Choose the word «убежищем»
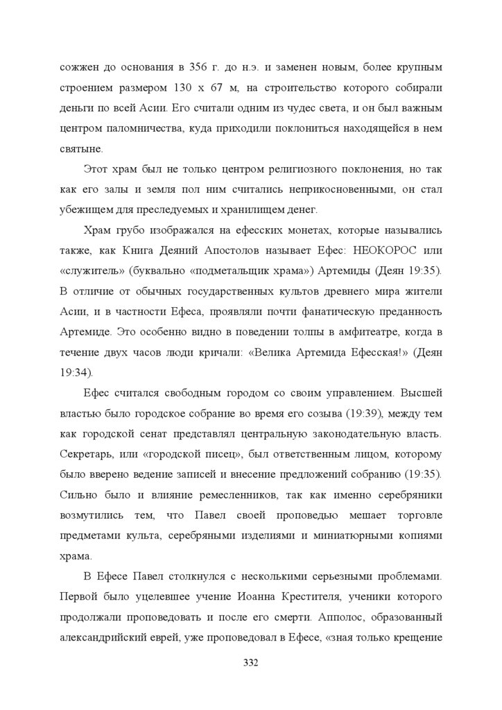pos(85,209)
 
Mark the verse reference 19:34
pos(74,372)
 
